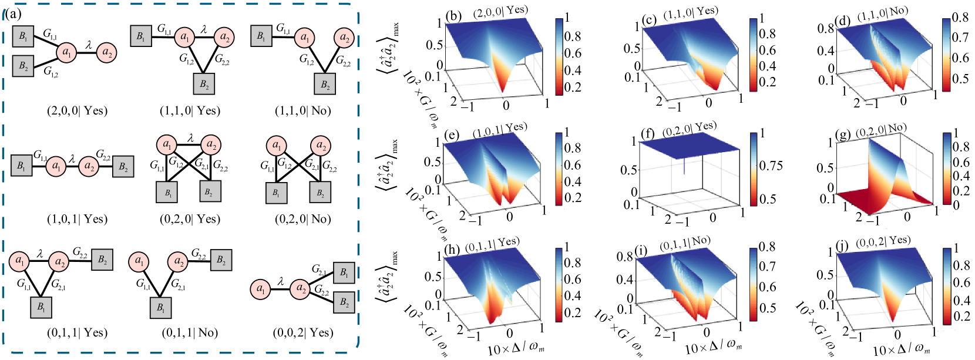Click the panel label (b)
tap(453, 16)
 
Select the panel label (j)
tap(842, 246)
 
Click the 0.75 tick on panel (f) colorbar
tap(771, 166)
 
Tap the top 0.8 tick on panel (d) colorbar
tap(960, 18)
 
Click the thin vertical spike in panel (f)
tap(684, 166)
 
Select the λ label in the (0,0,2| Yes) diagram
tap(280, 281)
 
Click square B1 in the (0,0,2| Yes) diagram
tap(344, 272)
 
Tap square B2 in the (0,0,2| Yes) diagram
tap(344, 302)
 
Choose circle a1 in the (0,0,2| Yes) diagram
tap(260, 290)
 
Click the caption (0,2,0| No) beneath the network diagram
tap(303, 219)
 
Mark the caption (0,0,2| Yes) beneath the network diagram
tap(303, 332)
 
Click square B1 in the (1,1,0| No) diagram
tap(261, 36)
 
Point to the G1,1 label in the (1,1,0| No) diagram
tap(283, 28)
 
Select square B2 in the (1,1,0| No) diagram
tap(325, 84)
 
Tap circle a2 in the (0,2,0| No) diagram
tap(321, 146)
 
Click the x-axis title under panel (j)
tap(902, 349)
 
